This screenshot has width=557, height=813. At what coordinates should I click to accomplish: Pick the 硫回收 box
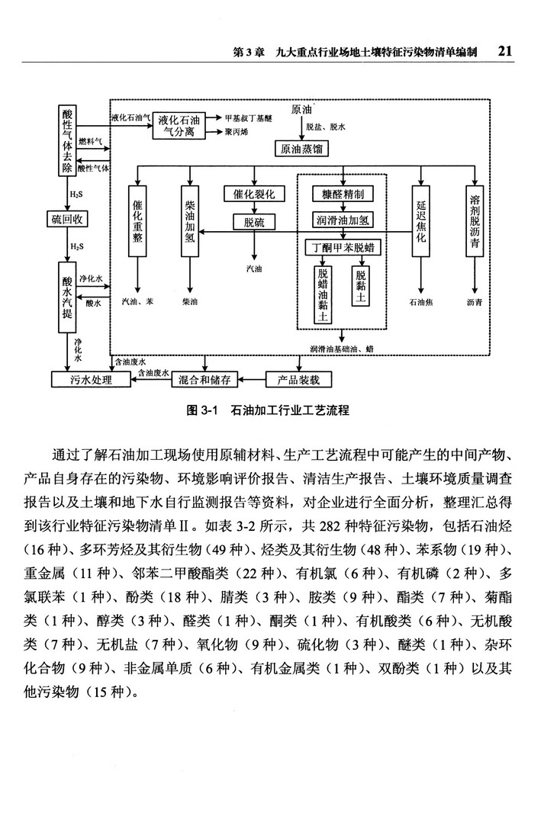point(67,220)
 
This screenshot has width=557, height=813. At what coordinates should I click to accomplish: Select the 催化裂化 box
point(254,194)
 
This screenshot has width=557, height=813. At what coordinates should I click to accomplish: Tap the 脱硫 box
point(254,222)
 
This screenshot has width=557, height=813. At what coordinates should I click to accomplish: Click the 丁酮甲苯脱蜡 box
point(343,248)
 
